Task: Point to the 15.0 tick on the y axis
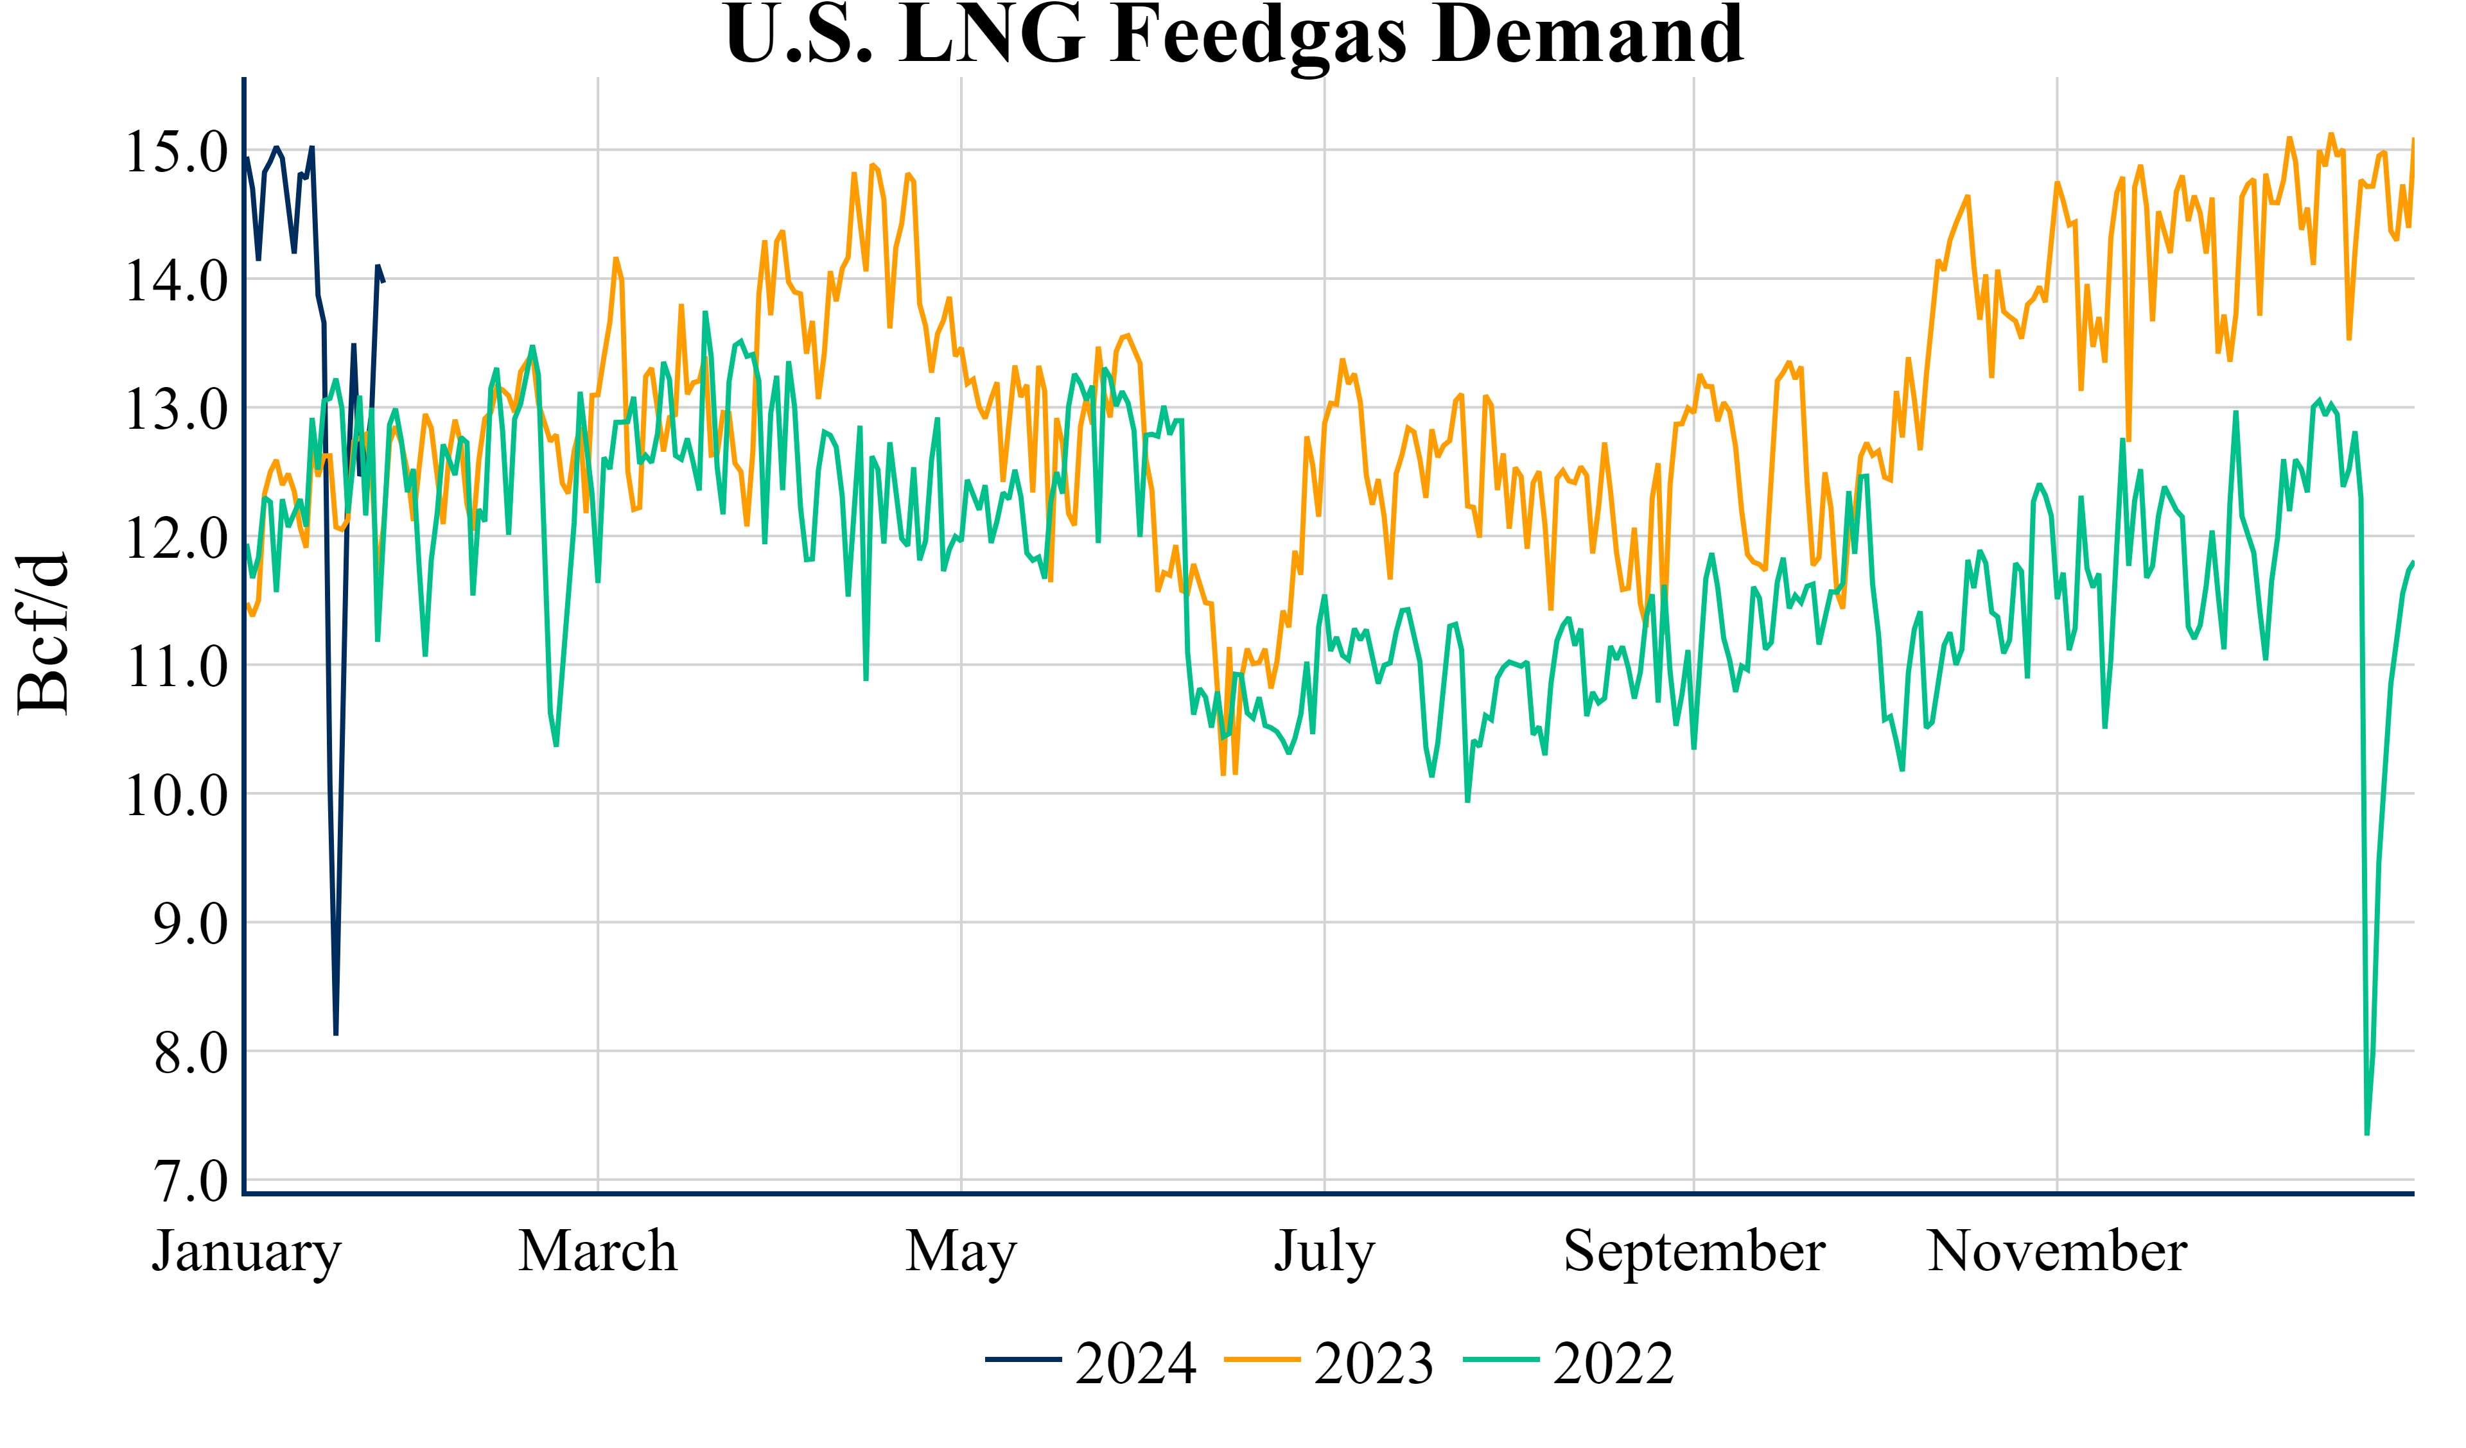176,151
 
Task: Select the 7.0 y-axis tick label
190,1182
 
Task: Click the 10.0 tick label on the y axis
176,795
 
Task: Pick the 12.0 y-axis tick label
176,538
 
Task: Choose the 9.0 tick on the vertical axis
190,924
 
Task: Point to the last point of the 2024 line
383,282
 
